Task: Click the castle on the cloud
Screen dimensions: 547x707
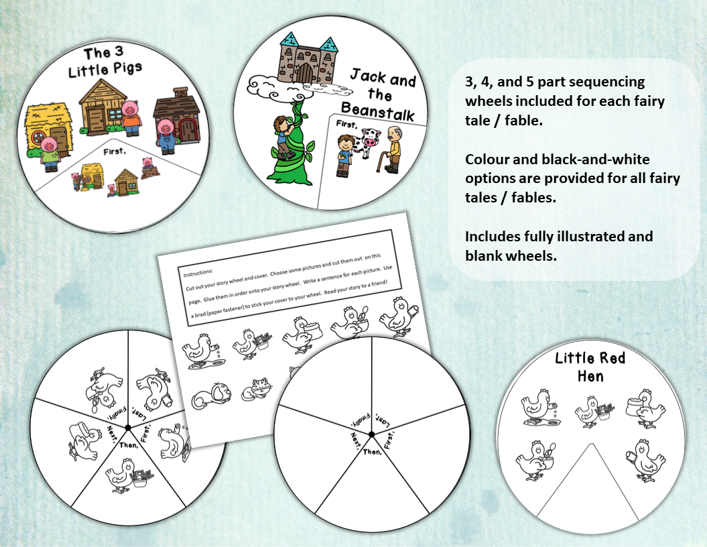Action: pos(307,60)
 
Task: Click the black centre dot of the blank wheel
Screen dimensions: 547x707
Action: pos(371,435)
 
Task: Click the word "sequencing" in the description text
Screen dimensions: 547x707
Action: pos(602,82)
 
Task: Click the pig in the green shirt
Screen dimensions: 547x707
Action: pos(49,151)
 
